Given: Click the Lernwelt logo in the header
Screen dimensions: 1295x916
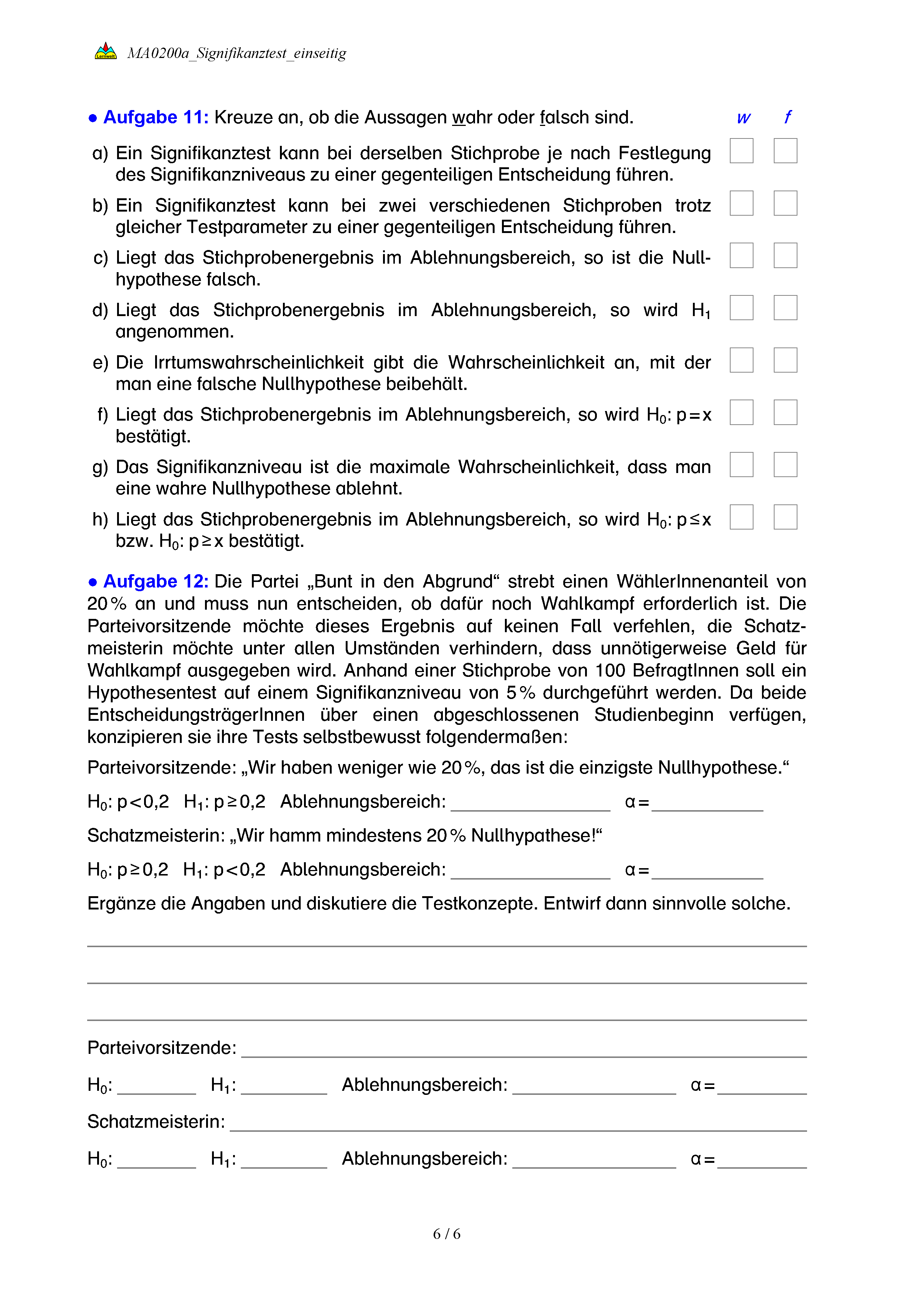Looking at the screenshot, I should click(106, 51).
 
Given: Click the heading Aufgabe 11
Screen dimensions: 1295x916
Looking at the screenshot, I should click(155, 117).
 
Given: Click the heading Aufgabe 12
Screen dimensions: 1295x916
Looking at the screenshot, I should click(155, 582).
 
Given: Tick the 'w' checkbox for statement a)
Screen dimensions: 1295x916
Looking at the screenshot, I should click(741, 151).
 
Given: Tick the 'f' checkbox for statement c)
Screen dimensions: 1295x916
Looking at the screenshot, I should click(785, 256).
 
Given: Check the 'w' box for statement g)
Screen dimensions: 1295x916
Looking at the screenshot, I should click(741, 465).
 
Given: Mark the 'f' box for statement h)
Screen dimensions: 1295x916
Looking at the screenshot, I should click(785, 517).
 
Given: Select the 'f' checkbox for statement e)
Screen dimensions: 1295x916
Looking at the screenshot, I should click(785, 360).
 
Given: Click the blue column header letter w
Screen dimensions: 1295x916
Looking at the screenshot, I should click(744, 118).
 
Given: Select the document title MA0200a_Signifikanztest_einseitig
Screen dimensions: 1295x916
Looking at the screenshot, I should click(236, 53).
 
